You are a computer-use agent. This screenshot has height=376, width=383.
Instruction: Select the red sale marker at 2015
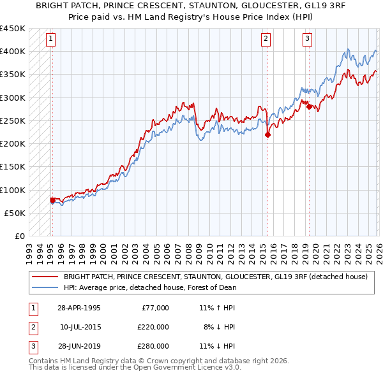[x=268, y=134]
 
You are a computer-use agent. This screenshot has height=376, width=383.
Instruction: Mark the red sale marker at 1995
[x=52, y=200]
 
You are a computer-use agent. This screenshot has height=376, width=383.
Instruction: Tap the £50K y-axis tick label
[x=15, y=213]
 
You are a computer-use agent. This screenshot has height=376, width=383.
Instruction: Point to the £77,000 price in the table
[x=155, y=308]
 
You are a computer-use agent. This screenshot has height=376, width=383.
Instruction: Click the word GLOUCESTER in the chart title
[x=239, y=8]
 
